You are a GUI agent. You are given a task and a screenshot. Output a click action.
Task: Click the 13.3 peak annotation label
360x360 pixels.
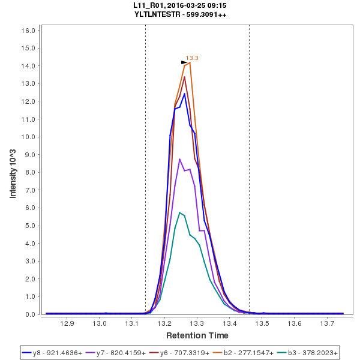tap(192, 58)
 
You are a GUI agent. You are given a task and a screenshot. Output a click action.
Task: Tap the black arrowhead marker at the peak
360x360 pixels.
tap(184, 62)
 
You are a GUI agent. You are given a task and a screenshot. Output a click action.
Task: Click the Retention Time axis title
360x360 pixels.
tap(197, 335)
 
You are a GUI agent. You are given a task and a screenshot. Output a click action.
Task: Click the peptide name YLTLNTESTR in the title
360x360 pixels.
tap(159, 14)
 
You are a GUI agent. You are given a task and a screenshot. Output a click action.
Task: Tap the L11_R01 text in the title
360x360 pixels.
tap(148, 5)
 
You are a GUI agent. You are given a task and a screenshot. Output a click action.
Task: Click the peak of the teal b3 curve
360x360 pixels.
tap(179, 212)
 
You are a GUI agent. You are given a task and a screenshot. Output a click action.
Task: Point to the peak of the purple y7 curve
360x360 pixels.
tap(179, 159)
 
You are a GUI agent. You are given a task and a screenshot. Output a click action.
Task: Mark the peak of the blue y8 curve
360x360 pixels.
tap(185, 94)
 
